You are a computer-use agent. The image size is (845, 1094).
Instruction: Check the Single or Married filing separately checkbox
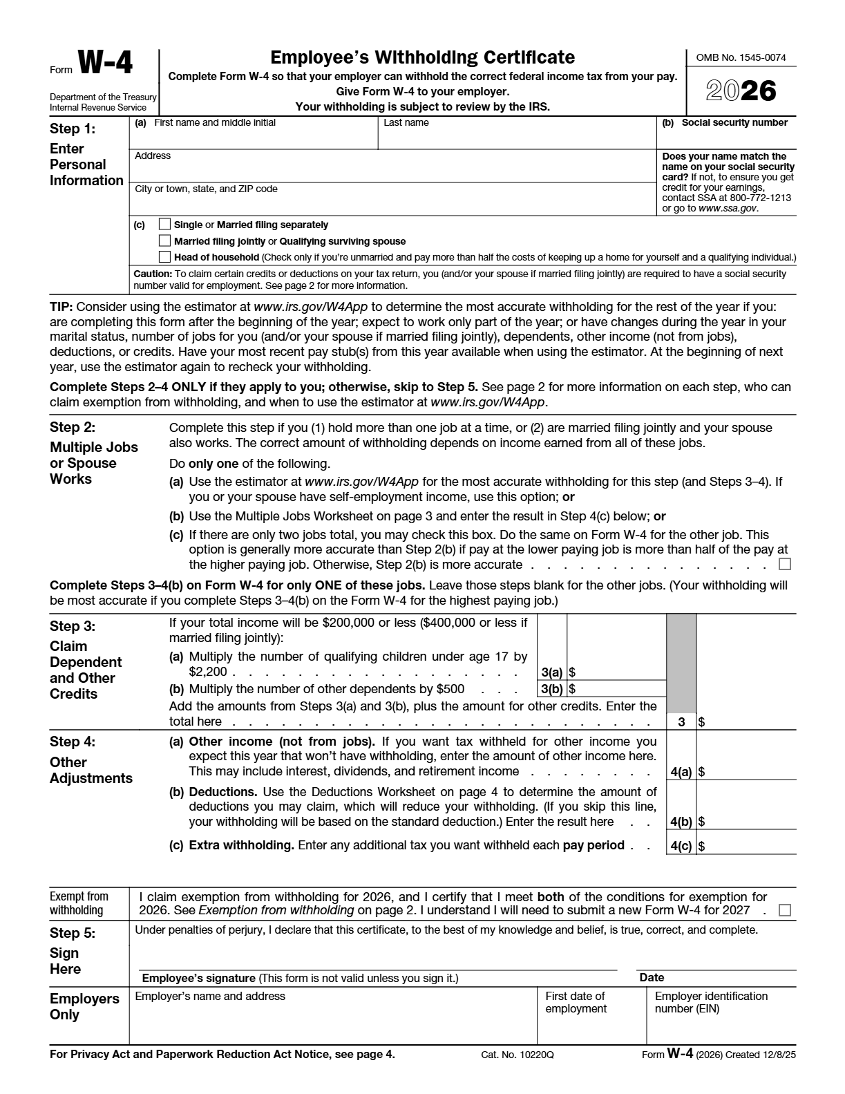164,224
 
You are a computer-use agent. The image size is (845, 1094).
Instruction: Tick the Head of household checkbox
164,257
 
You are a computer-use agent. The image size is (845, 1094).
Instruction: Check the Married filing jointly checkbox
164,241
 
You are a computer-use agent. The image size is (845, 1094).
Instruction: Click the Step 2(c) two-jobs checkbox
784,565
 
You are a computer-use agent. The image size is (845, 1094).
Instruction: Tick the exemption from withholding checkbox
784,910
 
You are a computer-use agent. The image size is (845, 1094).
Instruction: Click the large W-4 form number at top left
105,64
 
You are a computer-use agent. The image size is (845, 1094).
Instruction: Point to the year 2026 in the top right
741,91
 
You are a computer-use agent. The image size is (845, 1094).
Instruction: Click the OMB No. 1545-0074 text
741,57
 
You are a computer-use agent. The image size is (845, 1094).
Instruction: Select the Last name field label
406,123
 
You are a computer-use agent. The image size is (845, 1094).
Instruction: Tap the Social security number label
734,123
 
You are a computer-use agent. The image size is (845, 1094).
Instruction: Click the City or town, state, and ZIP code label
206,189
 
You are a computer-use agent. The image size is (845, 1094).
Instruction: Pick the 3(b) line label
551,689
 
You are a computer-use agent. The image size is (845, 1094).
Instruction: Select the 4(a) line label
681,772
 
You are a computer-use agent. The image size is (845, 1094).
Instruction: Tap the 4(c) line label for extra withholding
681,846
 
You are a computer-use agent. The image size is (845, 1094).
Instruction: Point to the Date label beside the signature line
652,977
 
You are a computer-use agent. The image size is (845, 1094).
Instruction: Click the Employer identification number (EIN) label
711,1002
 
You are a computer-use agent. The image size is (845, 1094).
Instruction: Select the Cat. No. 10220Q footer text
518,1055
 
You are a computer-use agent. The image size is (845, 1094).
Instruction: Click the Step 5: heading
73,933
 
